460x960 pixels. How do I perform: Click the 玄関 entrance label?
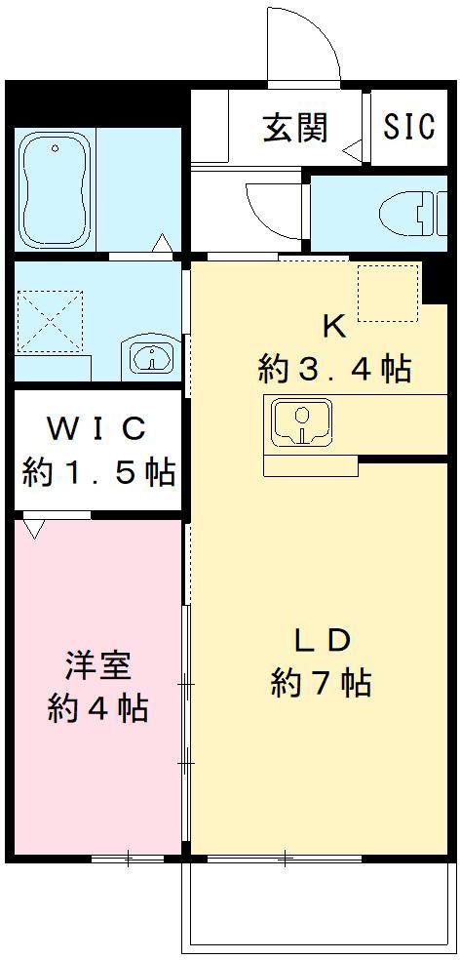[294, 128]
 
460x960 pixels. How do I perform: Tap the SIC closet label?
[409, 128]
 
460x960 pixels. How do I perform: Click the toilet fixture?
[407, 214]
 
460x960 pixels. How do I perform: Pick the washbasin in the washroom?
[151, 357]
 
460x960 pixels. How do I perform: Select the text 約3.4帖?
[334, 370]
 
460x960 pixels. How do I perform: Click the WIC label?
[98, 428]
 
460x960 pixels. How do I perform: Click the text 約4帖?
[98, 707]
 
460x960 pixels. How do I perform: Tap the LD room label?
[322, 640]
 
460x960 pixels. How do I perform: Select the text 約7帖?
[322, 683]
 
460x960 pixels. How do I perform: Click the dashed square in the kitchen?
[387, 292]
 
